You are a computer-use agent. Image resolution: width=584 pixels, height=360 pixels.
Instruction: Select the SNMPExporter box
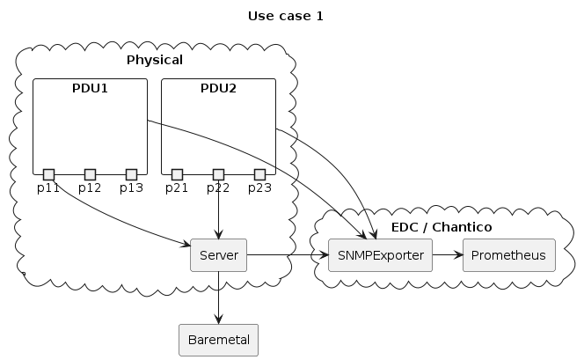click(379, 255)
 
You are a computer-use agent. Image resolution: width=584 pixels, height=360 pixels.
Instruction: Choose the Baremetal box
click(218, 340)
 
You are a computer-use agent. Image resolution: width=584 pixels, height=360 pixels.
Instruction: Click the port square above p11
click(48, 173)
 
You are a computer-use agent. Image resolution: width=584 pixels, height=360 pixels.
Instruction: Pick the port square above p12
click(90, 173)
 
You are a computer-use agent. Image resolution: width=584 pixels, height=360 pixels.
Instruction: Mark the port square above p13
click(131, 173)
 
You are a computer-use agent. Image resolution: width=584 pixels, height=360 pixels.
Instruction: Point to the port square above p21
click(177, 173)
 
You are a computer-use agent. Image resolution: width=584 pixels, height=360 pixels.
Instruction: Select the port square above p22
click(218, 173)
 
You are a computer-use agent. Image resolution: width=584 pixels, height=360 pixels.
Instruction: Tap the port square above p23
click(259, 173)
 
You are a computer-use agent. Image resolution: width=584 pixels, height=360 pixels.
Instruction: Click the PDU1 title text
click(90, 88)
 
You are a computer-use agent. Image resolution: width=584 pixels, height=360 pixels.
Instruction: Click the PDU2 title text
click(218, 88)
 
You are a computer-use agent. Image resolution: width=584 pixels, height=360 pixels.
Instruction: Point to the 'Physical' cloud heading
click(154, 61)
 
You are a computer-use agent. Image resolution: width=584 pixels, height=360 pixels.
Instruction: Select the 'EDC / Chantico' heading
click(441, 227)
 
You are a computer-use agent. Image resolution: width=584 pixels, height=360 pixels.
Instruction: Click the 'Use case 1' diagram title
click(285, 16)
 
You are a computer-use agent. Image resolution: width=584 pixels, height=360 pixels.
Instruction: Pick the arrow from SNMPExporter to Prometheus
click(446, 255)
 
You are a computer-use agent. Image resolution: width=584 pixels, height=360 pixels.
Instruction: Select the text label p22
click(218, 187)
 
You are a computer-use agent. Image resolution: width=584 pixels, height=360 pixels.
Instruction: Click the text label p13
click(131, 187)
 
